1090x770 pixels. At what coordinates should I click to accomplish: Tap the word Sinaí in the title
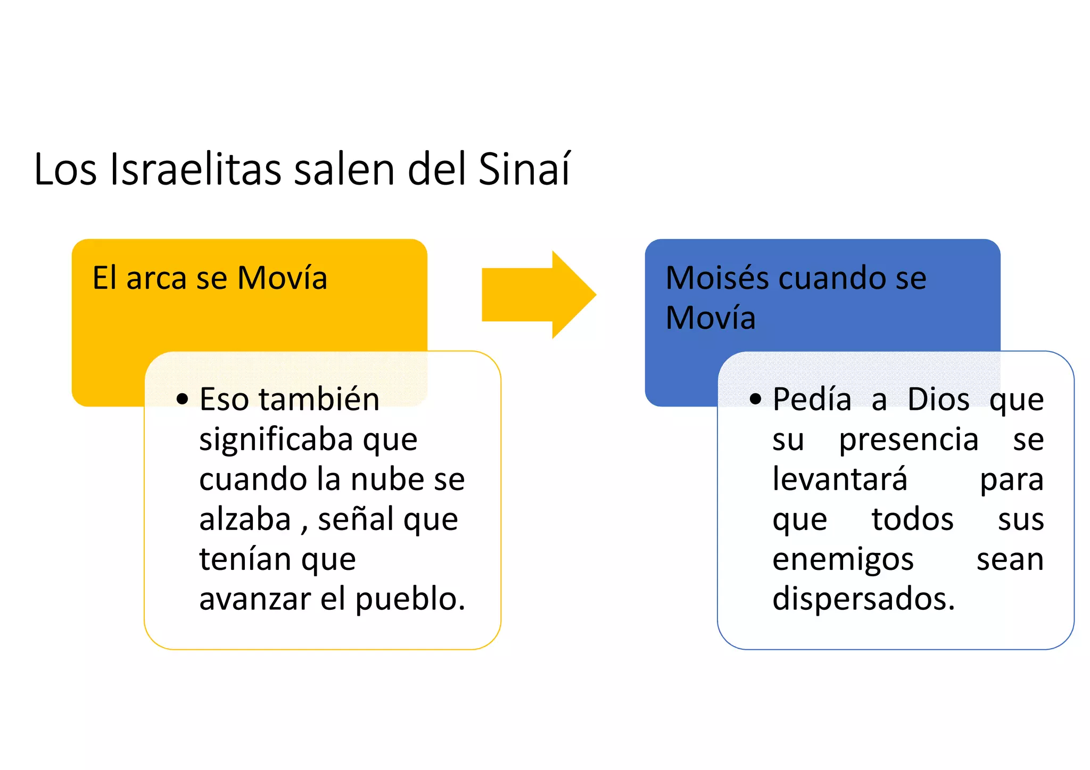524,169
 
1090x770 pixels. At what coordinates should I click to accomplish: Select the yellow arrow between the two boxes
538,295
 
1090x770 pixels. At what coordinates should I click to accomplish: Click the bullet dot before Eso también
183,399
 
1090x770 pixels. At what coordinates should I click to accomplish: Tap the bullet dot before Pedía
755,399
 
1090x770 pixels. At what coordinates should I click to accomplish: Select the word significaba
276,440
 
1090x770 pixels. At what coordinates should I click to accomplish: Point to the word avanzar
255,599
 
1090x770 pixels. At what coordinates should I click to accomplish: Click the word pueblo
410,600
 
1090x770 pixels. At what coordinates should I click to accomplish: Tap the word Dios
938,399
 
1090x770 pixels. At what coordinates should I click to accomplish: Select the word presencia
909,440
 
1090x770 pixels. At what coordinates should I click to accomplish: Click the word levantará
840,479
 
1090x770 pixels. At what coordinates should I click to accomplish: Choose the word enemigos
843,560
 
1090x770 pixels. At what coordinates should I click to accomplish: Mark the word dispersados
863,600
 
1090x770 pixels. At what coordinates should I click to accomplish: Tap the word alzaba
245,519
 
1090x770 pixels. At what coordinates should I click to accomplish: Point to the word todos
912,519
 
